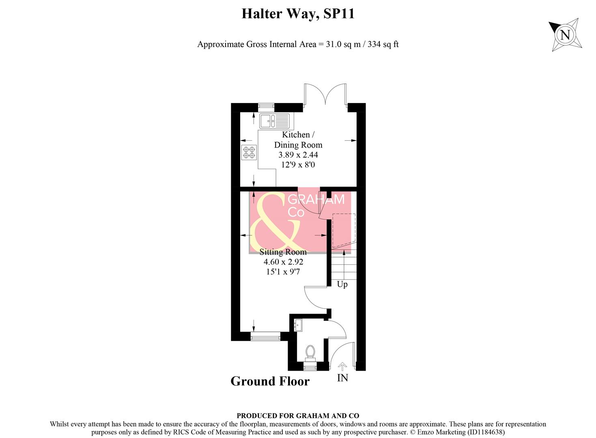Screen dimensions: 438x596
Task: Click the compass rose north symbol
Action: coord(565,34)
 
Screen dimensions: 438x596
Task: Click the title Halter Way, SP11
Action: coord(298,14)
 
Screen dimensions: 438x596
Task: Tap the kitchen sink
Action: coord(274,120)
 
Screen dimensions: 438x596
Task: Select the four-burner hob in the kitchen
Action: coord(249,152)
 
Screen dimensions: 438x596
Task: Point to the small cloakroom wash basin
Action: coord(298,325)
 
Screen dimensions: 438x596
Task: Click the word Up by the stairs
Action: coord(342,284)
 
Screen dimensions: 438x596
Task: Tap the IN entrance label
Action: coord(342,378)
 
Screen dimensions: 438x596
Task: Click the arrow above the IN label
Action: coord(342,367)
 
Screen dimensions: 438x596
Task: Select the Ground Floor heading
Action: coord(270,381)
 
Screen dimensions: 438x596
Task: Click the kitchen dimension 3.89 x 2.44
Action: coord(298,155)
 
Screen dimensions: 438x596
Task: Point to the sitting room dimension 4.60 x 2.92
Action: coord(283,262)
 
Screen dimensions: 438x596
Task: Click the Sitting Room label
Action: coord(283,252)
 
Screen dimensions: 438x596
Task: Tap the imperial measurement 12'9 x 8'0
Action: coord(298,165)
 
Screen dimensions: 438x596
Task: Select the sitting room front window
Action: coord(265,336)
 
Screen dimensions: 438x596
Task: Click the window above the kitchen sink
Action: coord(266,107)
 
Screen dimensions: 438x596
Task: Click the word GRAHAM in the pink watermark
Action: coord(316,200)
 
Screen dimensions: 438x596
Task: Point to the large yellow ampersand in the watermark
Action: coord(274,223)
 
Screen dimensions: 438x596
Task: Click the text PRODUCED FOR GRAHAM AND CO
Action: coord(298,416)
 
